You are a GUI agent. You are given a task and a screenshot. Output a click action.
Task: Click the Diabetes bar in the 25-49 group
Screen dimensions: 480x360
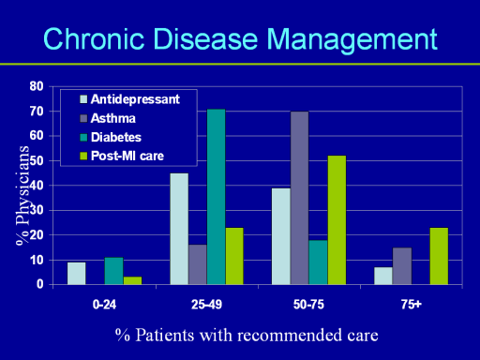(217, 197)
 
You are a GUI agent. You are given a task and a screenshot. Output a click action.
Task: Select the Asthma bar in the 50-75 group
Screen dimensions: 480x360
(300, 198)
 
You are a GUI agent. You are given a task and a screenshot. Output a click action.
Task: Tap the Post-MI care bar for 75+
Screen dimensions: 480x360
(439, 256)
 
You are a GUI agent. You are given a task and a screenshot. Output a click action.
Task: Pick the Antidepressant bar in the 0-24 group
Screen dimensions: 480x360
(77, 274)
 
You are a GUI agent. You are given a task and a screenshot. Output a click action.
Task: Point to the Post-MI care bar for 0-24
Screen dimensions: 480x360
(132, 280)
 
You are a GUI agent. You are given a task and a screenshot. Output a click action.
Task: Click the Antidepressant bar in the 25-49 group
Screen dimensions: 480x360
(179, 229)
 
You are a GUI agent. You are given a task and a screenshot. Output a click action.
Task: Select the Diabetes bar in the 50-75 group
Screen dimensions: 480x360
(319, 262)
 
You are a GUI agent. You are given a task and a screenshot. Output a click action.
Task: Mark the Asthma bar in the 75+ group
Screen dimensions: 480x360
(402, 266)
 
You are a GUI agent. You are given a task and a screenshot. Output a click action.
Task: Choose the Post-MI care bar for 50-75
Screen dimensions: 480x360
(337, 220)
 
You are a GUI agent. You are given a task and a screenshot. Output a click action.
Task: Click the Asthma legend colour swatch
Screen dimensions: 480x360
(83, 118)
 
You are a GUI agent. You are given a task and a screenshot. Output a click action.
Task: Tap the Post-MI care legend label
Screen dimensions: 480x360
(127, 156)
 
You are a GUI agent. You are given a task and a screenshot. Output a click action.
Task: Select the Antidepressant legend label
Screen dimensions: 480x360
(135, 99)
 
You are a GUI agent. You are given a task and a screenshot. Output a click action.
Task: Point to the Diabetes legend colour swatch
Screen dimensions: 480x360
(83, 137)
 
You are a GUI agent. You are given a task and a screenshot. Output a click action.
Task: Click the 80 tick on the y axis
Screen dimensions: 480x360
(37, 86)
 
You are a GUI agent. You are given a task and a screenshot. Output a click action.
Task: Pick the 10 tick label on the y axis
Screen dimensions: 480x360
(37, 260)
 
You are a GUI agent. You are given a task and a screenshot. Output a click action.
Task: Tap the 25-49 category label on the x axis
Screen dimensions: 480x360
(206, 305)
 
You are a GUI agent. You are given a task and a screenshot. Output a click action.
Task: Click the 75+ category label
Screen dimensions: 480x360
(412, 305)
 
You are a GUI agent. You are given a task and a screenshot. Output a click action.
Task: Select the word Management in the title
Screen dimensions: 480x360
(352, 40)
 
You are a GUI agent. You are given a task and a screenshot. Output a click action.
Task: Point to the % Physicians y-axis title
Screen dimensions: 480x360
(22, 196)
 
